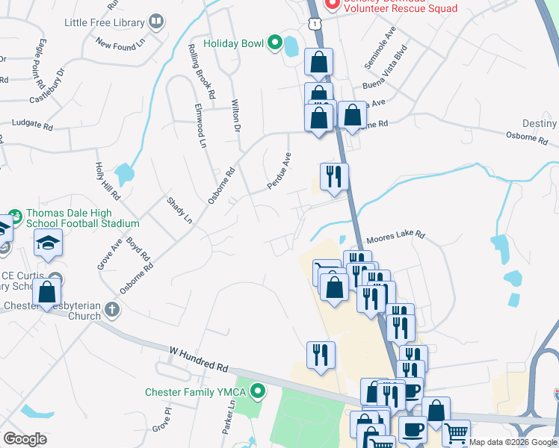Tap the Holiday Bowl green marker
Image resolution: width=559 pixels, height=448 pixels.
[x=274, y=43]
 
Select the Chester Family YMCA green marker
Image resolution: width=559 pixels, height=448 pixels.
[x=258, y=391]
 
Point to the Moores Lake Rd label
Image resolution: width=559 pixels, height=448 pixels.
[x=395, y=237]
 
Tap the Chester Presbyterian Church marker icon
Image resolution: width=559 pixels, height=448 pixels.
[x=112, y=308]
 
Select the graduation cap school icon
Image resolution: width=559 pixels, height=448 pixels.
[x=48, y=243]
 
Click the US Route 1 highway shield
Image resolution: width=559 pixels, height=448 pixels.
[x=318, y=25]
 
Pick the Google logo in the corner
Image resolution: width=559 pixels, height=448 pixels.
[x=25, y=439]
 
